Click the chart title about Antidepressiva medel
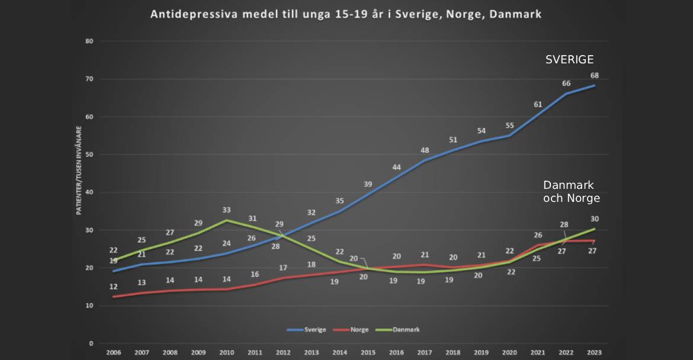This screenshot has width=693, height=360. click(x=346, y=14)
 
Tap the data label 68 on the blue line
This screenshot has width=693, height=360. click(x=594, y=75)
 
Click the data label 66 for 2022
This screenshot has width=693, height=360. click(x=566, y=83)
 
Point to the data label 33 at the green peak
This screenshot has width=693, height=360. click(x=226, y=210)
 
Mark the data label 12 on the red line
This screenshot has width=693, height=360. click(x=113, y=287)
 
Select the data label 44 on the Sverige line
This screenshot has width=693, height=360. click(x=396, y=167)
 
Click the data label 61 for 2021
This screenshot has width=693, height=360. click(x=538, y=104)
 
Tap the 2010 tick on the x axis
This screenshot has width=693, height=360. click(x=226, y=352)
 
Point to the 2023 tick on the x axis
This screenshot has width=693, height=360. click(x=594, y=352)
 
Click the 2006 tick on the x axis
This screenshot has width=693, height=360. click(x=113, y=352)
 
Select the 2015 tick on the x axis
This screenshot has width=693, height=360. click(x=368, y=352)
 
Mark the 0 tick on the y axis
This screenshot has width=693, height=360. click(x=91, y=343)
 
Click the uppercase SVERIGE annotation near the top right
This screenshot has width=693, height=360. click(x=569, y=60)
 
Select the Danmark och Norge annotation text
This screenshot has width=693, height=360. click(x=571, y=192)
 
